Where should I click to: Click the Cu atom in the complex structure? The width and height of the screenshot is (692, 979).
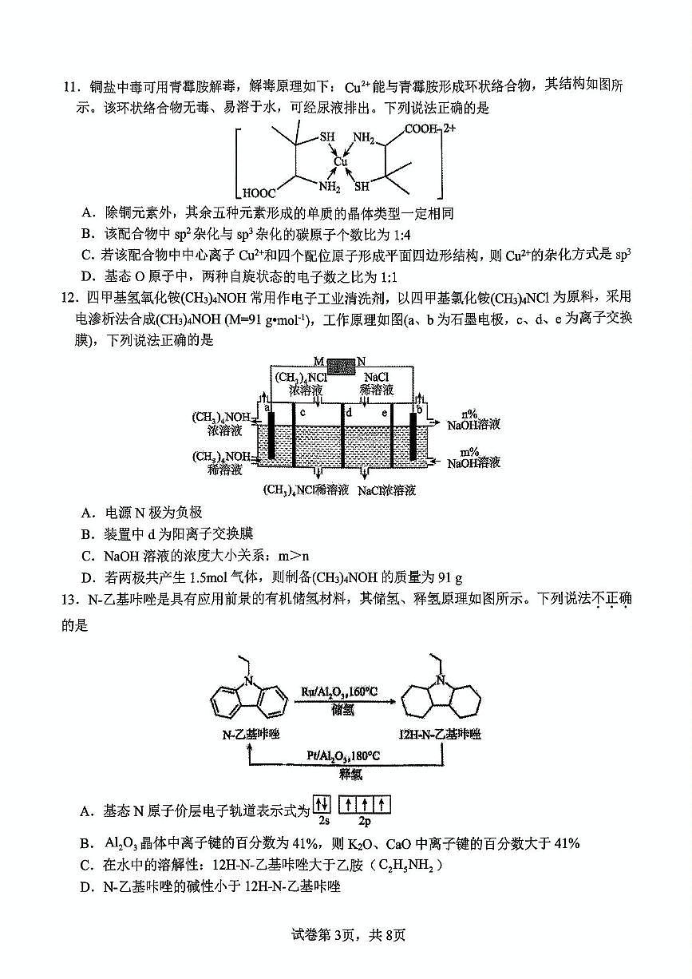341,162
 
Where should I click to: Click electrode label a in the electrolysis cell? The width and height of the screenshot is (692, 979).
268,407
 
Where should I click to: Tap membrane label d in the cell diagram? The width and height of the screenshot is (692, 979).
348,413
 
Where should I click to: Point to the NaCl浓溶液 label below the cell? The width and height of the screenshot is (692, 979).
386,490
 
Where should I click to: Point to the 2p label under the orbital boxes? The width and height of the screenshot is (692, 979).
365,821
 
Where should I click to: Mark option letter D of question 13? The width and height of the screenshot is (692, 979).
86,886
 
